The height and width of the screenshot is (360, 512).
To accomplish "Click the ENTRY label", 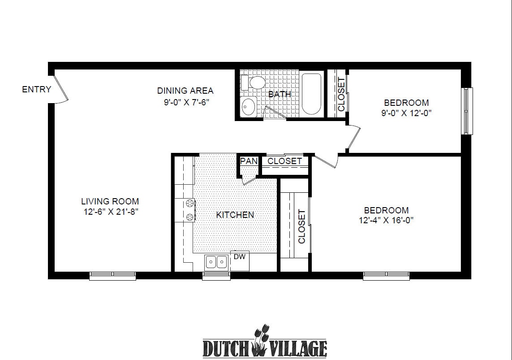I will (36, 89).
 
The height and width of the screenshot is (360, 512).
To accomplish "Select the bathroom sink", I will (248, 107).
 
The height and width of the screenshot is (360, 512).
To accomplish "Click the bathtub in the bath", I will (312, 94).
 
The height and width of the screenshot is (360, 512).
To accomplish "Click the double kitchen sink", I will (216, 261).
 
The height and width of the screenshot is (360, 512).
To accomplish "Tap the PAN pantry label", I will (248, 161).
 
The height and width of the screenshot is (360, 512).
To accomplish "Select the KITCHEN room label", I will (235, 215).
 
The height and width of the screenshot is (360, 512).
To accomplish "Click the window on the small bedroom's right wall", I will (467, 111).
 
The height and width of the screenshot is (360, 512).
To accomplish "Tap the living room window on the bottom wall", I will (112, 275).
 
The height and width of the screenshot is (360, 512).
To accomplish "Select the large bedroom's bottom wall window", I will (386, 275).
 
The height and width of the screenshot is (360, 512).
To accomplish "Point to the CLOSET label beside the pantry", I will (284, 161).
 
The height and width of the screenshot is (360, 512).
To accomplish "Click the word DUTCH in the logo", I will (228, 348).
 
